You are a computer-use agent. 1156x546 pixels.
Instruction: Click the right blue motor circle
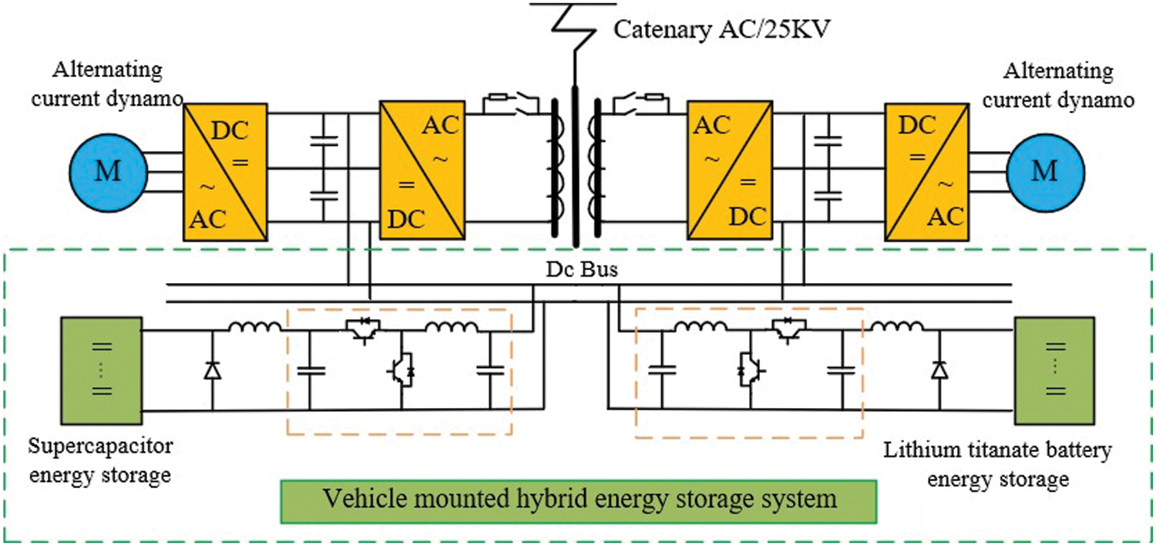[x=1045, y=170]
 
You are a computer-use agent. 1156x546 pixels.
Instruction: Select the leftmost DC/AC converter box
[x=225, y=170]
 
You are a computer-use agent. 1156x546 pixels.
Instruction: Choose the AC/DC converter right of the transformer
[x=731, y=170]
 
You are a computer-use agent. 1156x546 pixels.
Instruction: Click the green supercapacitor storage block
[x=100, y=368]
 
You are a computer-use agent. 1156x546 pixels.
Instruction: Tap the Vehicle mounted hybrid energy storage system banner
[x=579, y=501]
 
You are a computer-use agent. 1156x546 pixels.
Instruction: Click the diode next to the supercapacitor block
[x=213, y=371]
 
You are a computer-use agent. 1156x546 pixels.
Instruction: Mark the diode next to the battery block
[x=939, y=371]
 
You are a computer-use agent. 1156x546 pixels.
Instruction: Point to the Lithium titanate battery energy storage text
[x=997, y=464]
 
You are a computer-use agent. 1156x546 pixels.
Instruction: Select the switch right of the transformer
[x=640, y=102]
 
